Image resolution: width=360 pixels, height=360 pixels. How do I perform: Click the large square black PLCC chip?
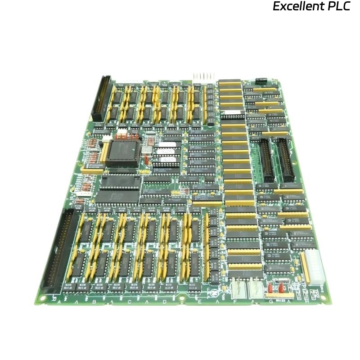pyautogui.click(x=122, y=153)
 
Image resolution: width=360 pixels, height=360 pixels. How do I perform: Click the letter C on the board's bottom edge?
pyautogui.click(x=129, y=301)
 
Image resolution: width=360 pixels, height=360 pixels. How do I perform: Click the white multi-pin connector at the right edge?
pyautogui.click(x=314, y=268)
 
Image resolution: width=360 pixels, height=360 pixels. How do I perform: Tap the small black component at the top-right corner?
pyautogui.click(x=261, y=81)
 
